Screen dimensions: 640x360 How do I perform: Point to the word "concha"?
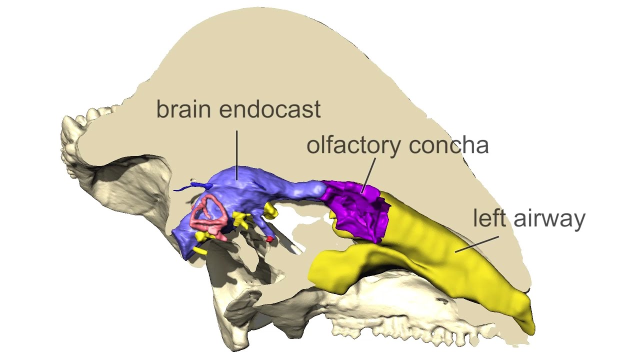(448, 145)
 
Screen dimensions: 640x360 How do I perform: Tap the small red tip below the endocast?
(269, 239)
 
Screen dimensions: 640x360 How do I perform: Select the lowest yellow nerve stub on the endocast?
(200, 250)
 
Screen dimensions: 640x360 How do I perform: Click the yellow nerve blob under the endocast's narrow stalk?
(270, 211)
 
